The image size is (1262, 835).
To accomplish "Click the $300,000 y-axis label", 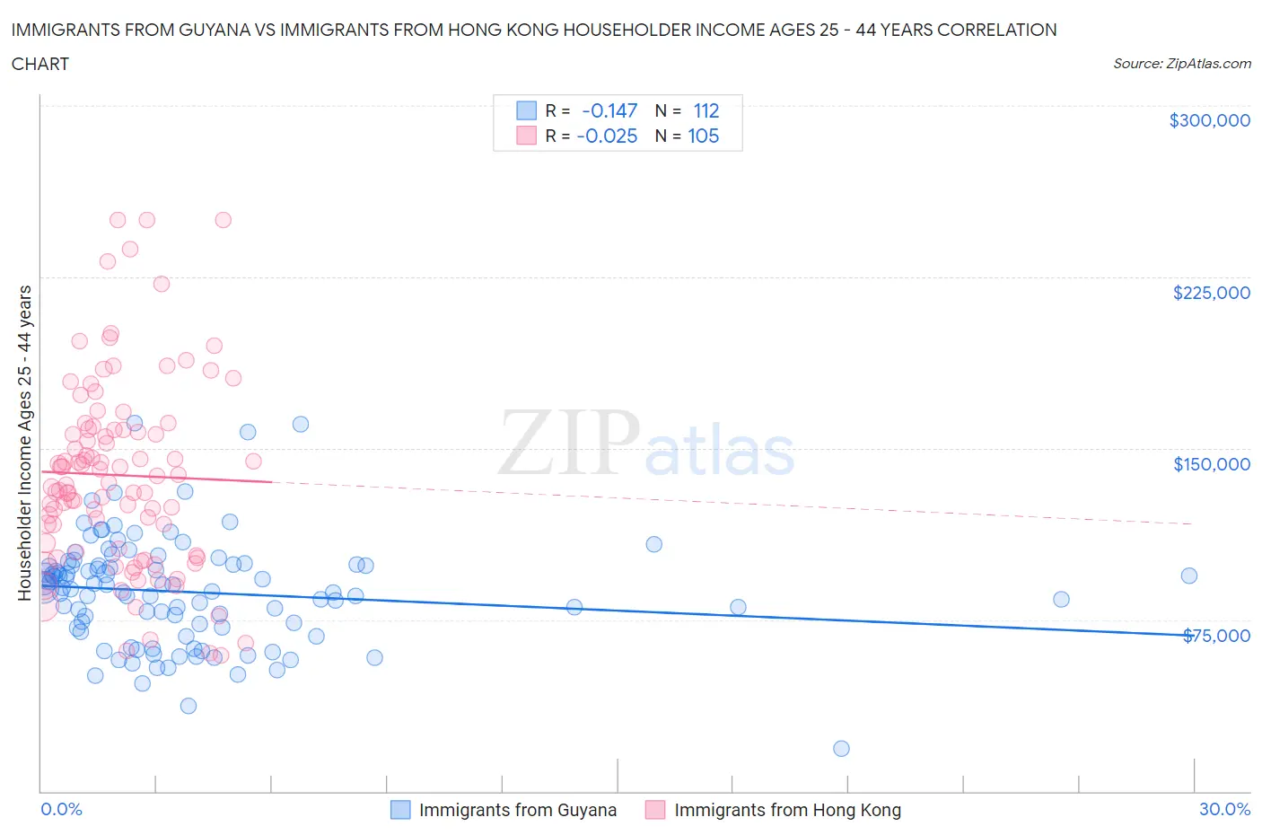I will click(x=1209, y=120).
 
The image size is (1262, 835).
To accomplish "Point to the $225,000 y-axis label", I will click(x=1211, y=293).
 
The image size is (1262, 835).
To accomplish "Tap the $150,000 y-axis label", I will click(x=1211, y=464).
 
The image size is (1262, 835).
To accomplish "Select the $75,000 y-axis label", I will click(x=1215, y=636).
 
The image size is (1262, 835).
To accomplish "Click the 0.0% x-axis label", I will click(x=61, y=809).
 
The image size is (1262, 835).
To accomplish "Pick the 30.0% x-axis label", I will click(x=1224, y=809).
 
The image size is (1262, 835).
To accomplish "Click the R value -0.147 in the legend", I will click(x=609, y=110).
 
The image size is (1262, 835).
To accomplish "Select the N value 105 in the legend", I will click(x=703, y=136).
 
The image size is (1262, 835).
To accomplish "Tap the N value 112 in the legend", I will click(x=706, y=110).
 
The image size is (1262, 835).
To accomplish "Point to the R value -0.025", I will click(x=607, y=136).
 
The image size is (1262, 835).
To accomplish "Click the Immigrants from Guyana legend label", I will click(x=517, y=810).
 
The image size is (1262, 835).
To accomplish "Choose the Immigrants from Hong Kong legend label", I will click(x=787, y=810).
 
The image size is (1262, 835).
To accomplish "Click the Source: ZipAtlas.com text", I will click(x=1181, y=63).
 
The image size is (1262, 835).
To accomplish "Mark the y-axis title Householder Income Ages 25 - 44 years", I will click(x=24, y=443).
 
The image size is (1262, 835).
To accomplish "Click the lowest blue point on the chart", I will click(x=841, y=749).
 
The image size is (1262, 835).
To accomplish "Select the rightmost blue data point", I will click(x=1188, y=576).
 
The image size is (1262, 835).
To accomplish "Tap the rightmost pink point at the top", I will click(x=223, y=220).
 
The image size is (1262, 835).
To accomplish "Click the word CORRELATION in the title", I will click(x=996, y=30).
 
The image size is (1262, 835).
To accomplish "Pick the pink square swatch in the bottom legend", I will click(x=655, y=810).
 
